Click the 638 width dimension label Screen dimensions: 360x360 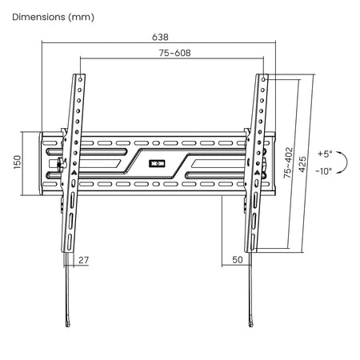[160, 37]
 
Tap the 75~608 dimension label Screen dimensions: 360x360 [175, 53]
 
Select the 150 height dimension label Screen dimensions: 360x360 [17, 162]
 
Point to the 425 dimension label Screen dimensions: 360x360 [302, 164]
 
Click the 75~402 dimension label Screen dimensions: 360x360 [288, 163]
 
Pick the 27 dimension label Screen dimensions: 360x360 [83, 260]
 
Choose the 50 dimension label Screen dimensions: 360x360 [238, 260]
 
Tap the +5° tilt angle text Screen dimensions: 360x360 [325, 154]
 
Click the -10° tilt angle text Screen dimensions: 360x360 [324, 171]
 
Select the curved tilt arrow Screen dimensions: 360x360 [347, 162]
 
